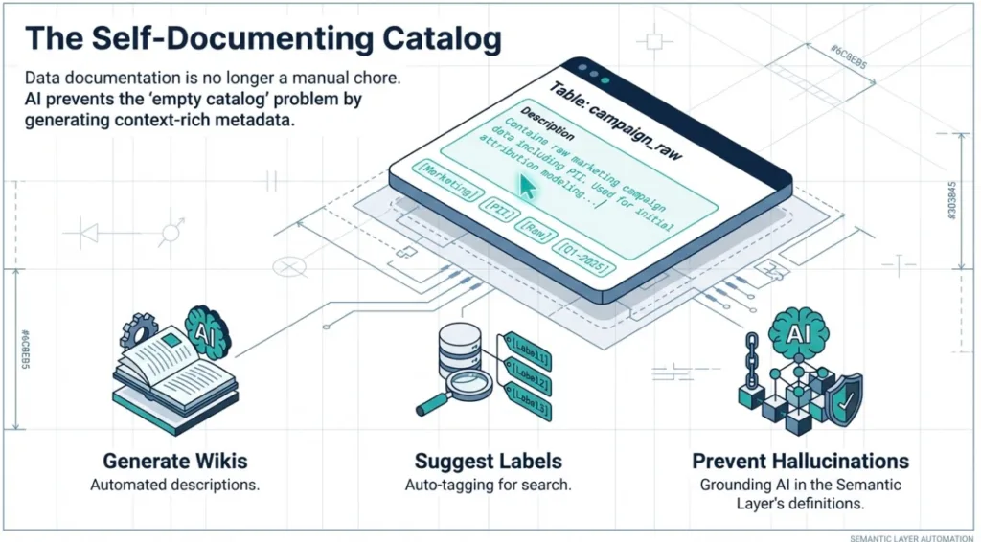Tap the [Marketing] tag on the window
pos(446,180)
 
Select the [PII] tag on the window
pos(498,205)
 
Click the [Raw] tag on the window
pos(535,228)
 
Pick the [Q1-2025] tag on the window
pos(583,256)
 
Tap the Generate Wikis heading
pos(174,461)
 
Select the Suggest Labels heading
pos(488,461)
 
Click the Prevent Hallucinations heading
pos(800,461)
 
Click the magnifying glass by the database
pos(451,393)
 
